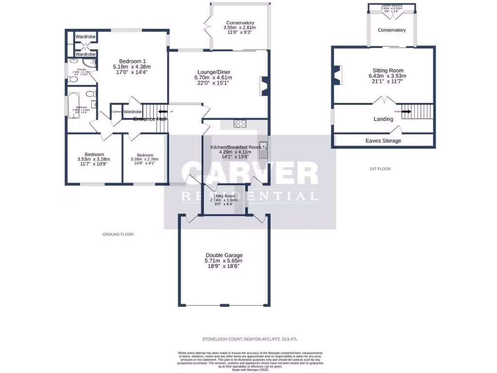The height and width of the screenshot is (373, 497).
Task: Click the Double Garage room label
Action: point(224,255)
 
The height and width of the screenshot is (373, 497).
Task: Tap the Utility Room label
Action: point(222,196)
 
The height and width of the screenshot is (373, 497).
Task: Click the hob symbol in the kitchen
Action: point(240,123)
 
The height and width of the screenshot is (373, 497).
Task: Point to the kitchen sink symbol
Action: point(263,150)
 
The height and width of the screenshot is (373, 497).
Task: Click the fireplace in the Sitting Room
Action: point(337,76)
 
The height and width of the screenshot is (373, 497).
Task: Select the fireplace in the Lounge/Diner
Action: point(263,86)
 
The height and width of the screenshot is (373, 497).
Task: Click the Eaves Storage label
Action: point(383,141)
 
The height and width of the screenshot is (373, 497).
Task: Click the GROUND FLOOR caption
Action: point(118,234)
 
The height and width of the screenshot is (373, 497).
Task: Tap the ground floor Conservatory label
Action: point(240,23)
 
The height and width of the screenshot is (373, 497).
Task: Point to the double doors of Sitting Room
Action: point(383,101)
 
